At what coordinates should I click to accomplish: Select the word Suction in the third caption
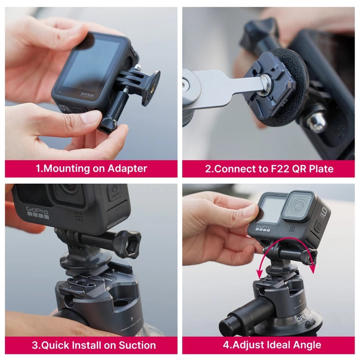(137, 345)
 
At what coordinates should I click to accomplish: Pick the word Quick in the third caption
(56, 345)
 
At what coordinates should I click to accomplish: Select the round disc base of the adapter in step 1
(151, 88)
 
